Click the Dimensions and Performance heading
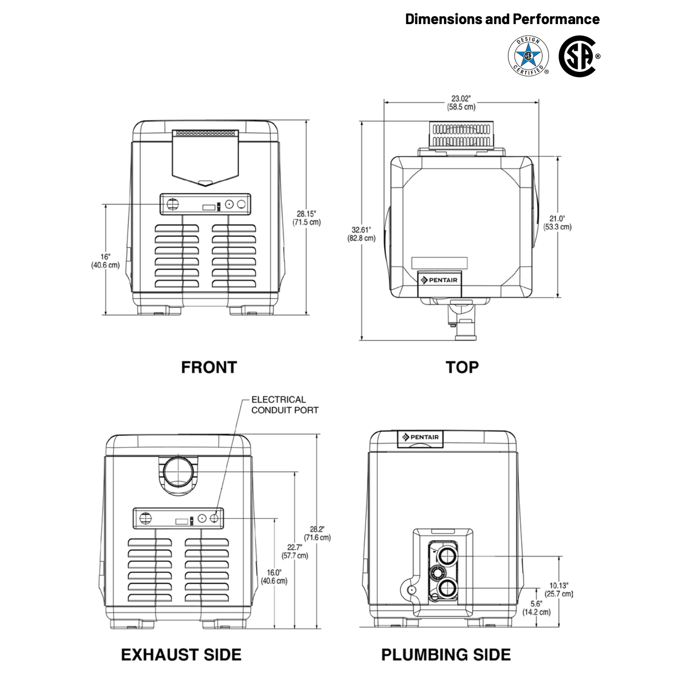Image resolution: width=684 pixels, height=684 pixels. click(502, 19)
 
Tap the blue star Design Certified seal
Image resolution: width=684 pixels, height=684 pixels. click(528, 56)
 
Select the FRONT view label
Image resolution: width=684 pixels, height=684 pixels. click(209, 367)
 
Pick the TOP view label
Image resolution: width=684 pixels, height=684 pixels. click(462, 367)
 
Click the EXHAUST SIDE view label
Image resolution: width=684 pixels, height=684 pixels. click(181, 655)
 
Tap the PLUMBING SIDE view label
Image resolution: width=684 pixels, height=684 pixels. click(446, 655)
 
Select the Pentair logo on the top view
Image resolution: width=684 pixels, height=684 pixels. click(439, 280)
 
